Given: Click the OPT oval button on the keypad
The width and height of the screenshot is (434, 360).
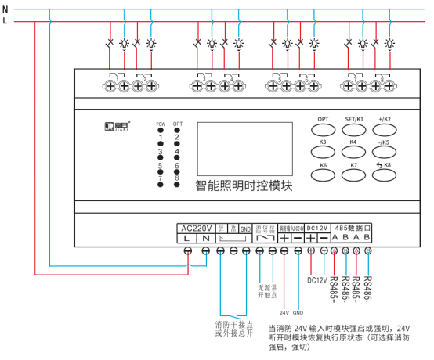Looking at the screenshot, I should [323, 124].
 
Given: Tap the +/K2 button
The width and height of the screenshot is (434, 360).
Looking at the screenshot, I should [383, 124].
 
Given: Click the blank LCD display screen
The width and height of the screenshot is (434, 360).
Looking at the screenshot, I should [230, 148].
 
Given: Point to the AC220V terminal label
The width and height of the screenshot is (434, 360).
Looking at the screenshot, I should [196, 227].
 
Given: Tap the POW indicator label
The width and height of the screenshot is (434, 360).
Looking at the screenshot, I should [160, 125].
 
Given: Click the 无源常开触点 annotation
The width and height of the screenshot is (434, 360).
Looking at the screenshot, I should [269, 291].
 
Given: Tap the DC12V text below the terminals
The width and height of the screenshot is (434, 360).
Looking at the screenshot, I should [316, 279].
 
